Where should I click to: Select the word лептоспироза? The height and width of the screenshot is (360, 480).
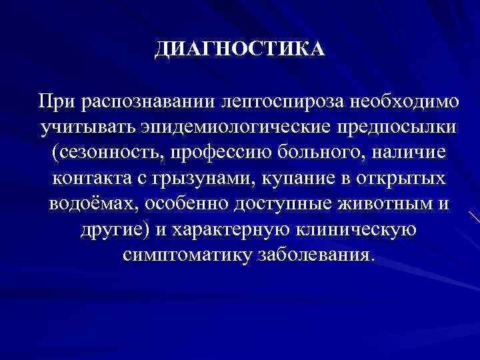275,101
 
